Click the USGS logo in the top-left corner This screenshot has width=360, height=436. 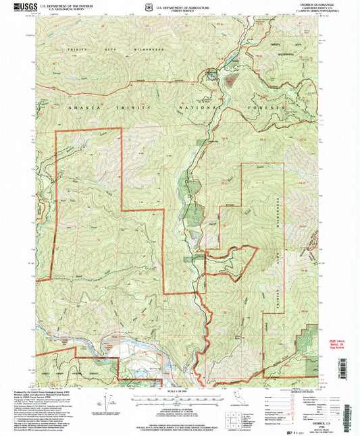pos(21,7)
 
